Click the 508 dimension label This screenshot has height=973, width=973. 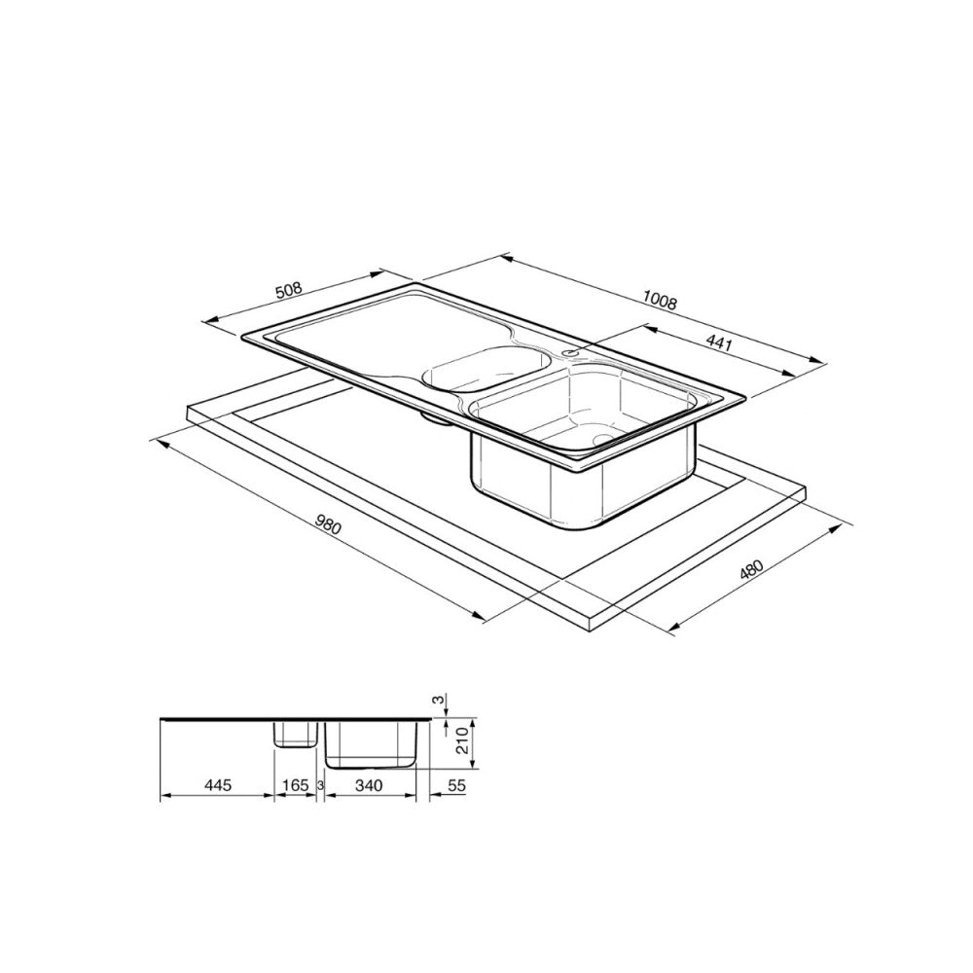coord(290,289)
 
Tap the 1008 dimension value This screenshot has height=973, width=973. coord(661,303)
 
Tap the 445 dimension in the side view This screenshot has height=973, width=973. coord(218,785)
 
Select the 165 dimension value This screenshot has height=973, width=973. coord(295,785)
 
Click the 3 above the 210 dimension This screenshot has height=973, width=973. coord(439,700)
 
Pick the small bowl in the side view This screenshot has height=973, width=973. coord(295,734)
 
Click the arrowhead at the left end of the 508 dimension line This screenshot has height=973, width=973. coord(204,320)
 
